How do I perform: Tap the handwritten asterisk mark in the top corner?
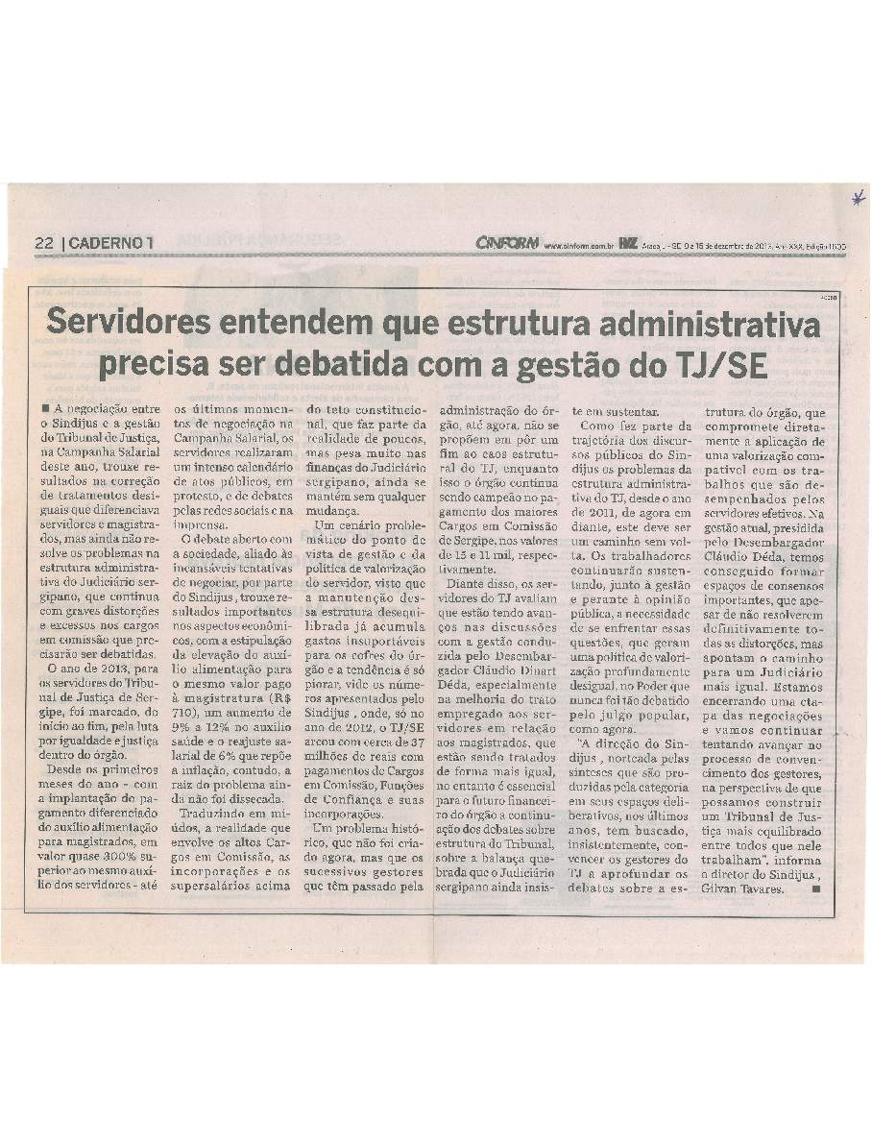tap(853, 199)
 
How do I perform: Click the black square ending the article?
tap(816, 888)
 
